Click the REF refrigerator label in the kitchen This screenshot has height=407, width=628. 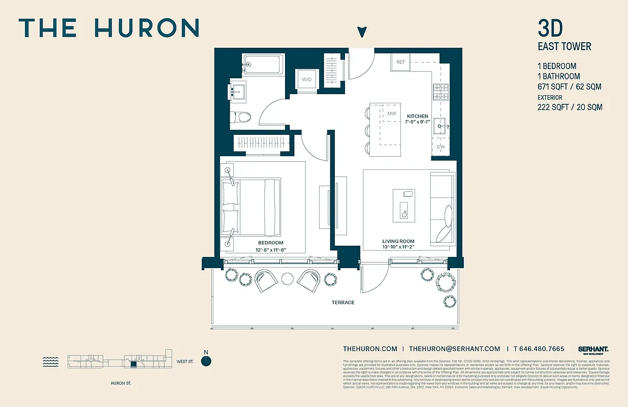(401, 62)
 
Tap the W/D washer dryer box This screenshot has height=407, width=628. (307, 79)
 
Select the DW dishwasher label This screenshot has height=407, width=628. (441, 147)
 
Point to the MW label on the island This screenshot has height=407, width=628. (391, 113)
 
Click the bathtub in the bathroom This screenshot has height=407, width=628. (262, 65)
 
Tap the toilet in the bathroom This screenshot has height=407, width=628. (241, 118)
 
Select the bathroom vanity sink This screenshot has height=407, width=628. (237, 92)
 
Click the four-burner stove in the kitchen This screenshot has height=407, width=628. (441, 92)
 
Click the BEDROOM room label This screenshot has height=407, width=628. (270, 243)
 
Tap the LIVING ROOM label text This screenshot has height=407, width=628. (398, 241)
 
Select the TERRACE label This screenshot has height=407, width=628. (343, 302)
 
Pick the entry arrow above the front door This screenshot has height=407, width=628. (362, 32)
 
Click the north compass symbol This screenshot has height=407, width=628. (206, 360)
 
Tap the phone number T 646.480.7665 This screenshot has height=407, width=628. (539, 348)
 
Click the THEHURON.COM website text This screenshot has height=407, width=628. (370, 348)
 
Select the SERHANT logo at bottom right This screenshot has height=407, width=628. (593, 349)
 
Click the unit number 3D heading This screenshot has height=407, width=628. (550, 29)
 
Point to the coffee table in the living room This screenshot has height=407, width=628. (404, 205)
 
